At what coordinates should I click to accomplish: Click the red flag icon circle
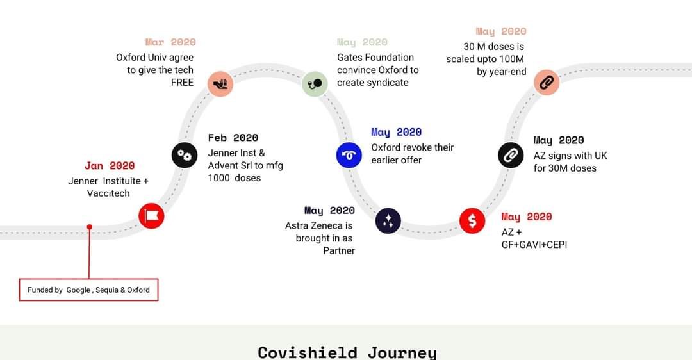click(151, 216)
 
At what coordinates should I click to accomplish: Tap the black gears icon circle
click(185, 155)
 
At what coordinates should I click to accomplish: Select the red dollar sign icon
click(472, 220)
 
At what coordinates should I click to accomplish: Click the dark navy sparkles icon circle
click(388, 220)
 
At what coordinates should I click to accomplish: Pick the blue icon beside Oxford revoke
click(349, 155)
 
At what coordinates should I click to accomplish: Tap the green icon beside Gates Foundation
click(315, 83)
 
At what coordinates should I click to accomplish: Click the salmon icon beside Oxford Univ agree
click(220, 83)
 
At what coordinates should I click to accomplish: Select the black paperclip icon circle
click(511, 155)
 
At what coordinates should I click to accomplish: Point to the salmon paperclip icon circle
click(547, 82)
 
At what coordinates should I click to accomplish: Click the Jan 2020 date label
click(110, 166)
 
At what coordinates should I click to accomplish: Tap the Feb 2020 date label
click(233, 138)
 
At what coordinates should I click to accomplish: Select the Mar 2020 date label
click(170, 42)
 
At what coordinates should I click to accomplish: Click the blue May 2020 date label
click(397, 133)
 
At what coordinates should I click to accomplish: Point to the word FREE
click(182, 83)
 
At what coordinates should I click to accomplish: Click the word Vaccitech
click(108, 193)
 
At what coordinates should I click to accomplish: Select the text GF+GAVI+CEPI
click(534, 245)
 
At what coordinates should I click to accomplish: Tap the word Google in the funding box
click(78, 290)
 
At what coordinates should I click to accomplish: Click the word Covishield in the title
click(308, 352)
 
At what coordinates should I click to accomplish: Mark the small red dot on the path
click(90, 227)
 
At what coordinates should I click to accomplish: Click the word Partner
click(339, 250)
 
